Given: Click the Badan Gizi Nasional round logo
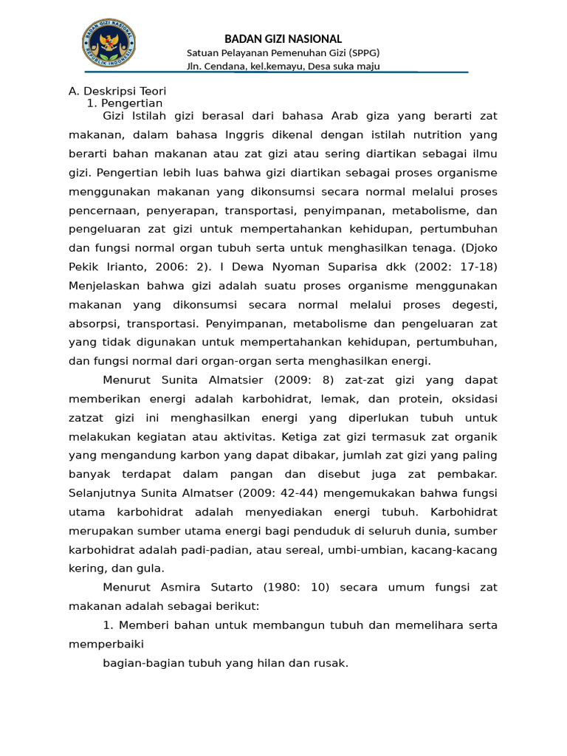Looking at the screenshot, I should tap(109, 44).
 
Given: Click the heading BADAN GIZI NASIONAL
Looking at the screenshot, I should tap(283, 38).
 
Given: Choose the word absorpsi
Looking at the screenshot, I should tap(93, 323).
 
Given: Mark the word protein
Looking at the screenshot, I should tap(415, 399).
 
